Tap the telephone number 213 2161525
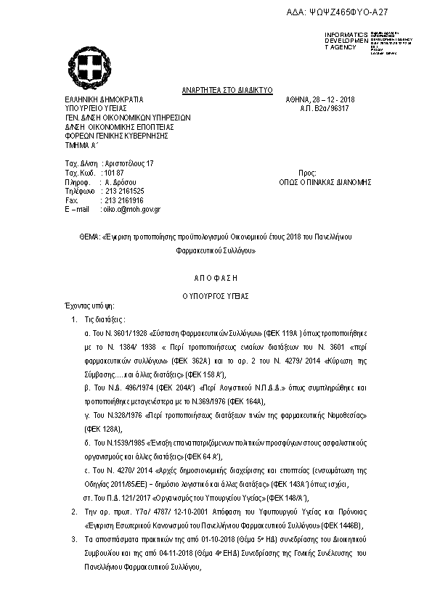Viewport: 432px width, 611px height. [x=124, y=191]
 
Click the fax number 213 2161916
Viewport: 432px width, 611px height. [x=124, y=200]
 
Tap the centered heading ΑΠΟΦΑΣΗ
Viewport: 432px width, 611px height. [x=216, y=278]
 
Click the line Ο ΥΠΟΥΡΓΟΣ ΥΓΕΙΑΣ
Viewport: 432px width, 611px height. [x=216, y=296]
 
